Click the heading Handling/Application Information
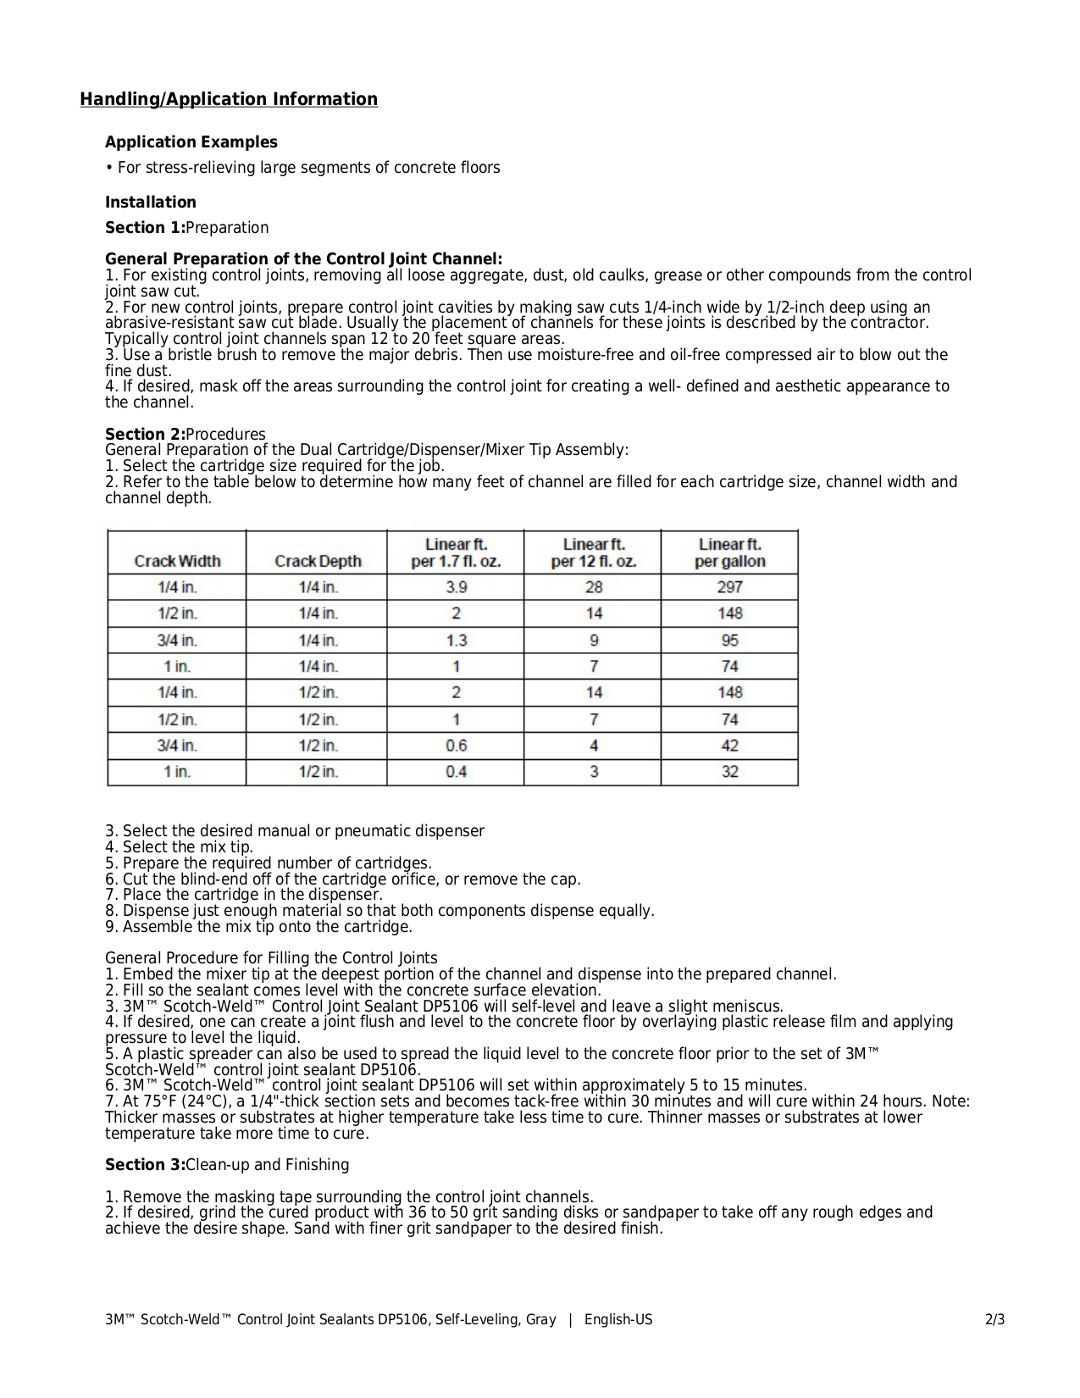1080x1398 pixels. [x=229, y=100]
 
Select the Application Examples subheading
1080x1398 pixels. [x=191, y=142]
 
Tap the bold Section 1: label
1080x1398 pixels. [x=145, y=228]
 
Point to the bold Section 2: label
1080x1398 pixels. [x=145, y=435]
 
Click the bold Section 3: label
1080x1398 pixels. [x=145, y=1165]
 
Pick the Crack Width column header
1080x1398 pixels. [x=177, y=561]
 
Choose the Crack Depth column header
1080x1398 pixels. [x=318, y=561]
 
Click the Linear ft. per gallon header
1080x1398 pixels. [x=729, y=552]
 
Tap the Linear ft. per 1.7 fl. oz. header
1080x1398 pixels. [x=456, y=552]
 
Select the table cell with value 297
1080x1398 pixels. [x=729, y=587]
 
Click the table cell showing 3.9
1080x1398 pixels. [x=456, y=587]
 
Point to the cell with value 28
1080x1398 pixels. [x=593, y=587]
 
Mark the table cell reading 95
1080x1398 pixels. [x=729, y=641]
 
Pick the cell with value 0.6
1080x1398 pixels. [x=456, y=746]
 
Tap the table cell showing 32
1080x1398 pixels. [x=729, y=772]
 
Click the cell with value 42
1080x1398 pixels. [x=729, y=746]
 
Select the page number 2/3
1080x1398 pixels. [x=995, y=1320]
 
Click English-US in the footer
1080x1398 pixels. [x=618, y=1320]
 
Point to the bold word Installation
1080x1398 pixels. [x=151, y=202]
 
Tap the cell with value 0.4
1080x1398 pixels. [x=456, y=772]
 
